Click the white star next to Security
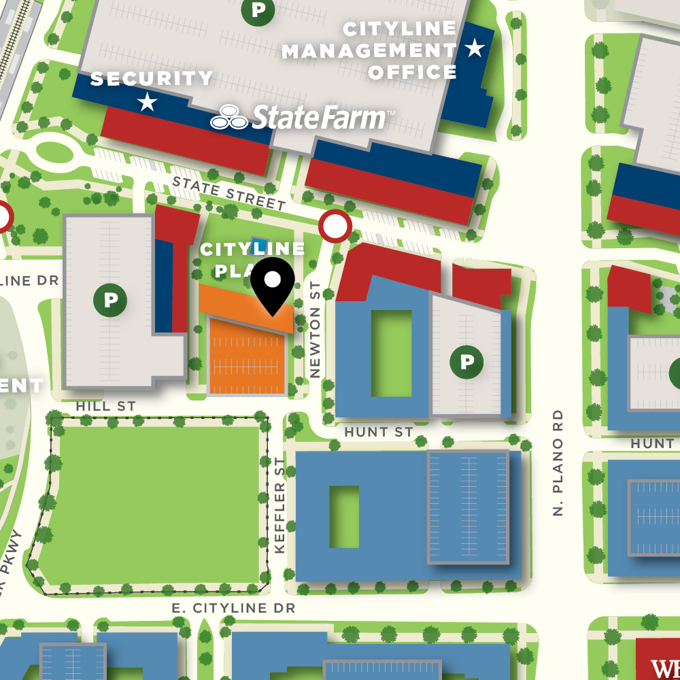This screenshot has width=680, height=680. pyautogui.click(x=147, y=103)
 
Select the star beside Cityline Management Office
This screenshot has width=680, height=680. pyautogui.click(x=474, y=48)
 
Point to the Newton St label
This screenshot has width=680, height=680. pyautogui.click(x=315, y=330)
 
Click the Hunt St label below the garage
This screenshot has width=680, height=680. pyautogui.click(x=379, y=432)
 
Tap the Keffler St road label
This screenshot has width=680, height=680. pyautogui.click(x=279, y=505)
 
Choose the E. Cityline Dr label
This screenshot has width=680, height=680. pyautogui.click(x=233, y=608)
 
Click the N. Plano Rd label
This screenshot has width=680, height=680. pyautogui.click(x=558, y=462)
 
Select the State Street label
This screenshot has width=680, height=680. pyautogui.click(x=228, y=193)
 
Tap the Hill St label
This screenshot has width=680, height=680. pyautogui.click(x=106, y=406)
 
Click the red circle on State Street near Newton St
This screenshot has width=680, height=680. pyautogui.click(x=335, y=226)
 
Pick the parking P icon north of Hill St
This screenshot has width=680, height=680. pyautogui.click(x=110, y=300)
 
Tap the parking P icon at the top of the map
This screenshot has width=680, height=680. pyautogui.click(x=258, y=10)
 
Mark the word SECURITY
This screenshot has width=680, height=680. pyautogui.click(x=152, y=79)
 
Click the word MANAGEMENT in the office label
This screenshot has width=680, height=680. pyautogui.click(x=369, y=50)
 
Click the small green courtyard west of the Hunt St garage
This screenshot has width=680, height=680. pyautogui.click(x=344, y=516)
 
